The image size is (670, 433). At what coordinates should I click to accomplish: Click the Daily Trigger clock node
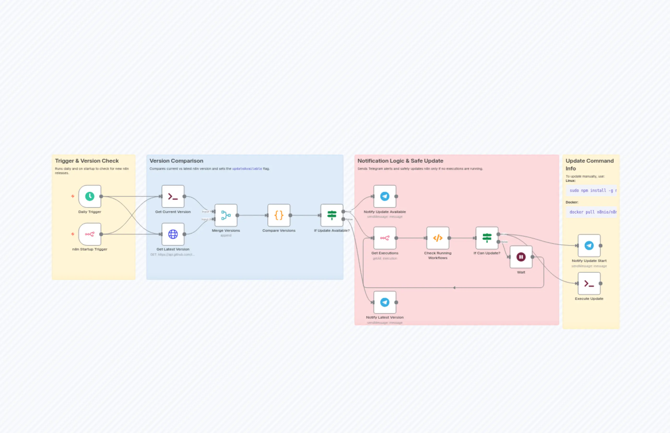[x=90, y=196]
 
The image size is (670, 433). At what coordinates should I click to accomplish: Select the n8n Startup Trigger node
[x=90, y=234]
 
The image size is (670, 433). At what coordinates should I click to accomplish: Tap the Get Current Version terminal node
[x=173, y=196]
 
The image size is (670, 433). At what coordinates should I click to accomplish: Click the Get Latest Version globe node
[x=173, y=234]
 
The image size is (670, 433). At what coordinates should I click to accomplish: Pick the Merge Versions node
[x=226, y=215]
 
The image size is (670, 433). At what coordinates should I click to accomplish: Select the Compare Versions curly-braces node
[x=279, y=215]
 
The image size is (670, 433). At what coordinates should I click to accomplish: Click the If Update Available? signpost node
[x=332, y=215]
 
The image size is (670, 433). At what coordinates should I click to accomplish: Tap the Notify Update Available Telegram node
[x=385, y=196]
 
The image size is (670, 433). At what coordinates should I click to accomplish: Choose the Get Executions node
[x=385, y=238]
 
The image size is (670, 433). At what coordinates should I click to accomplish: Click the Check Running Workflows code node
[x=438, y=238]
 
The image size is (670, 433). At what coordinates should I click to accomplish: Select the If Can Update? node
[x=487, y=238]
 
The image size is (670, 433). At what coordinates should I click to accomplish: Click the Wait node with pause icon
[x=521, y=257]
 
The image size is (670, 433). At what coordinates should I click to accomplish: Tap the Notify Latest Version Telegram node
[x=385, y=302]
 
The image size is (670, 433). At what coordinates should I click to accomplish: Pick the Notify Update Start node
[x=589, y=245]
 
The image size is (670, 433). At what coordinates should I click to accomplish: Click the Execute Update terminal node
[x=589, y=283]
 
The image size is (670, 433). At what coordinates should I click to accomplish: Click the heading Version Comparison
[x=176, y=161]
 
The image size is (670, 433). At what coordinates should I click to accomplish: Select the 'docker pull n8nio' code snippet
[x=591, y=212]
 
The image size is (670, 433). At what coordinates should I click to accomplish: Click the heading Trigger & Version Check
[x=87, y=161]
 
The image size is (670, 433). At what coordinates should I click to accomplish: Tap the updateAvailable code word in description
[x=247, y=169]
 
